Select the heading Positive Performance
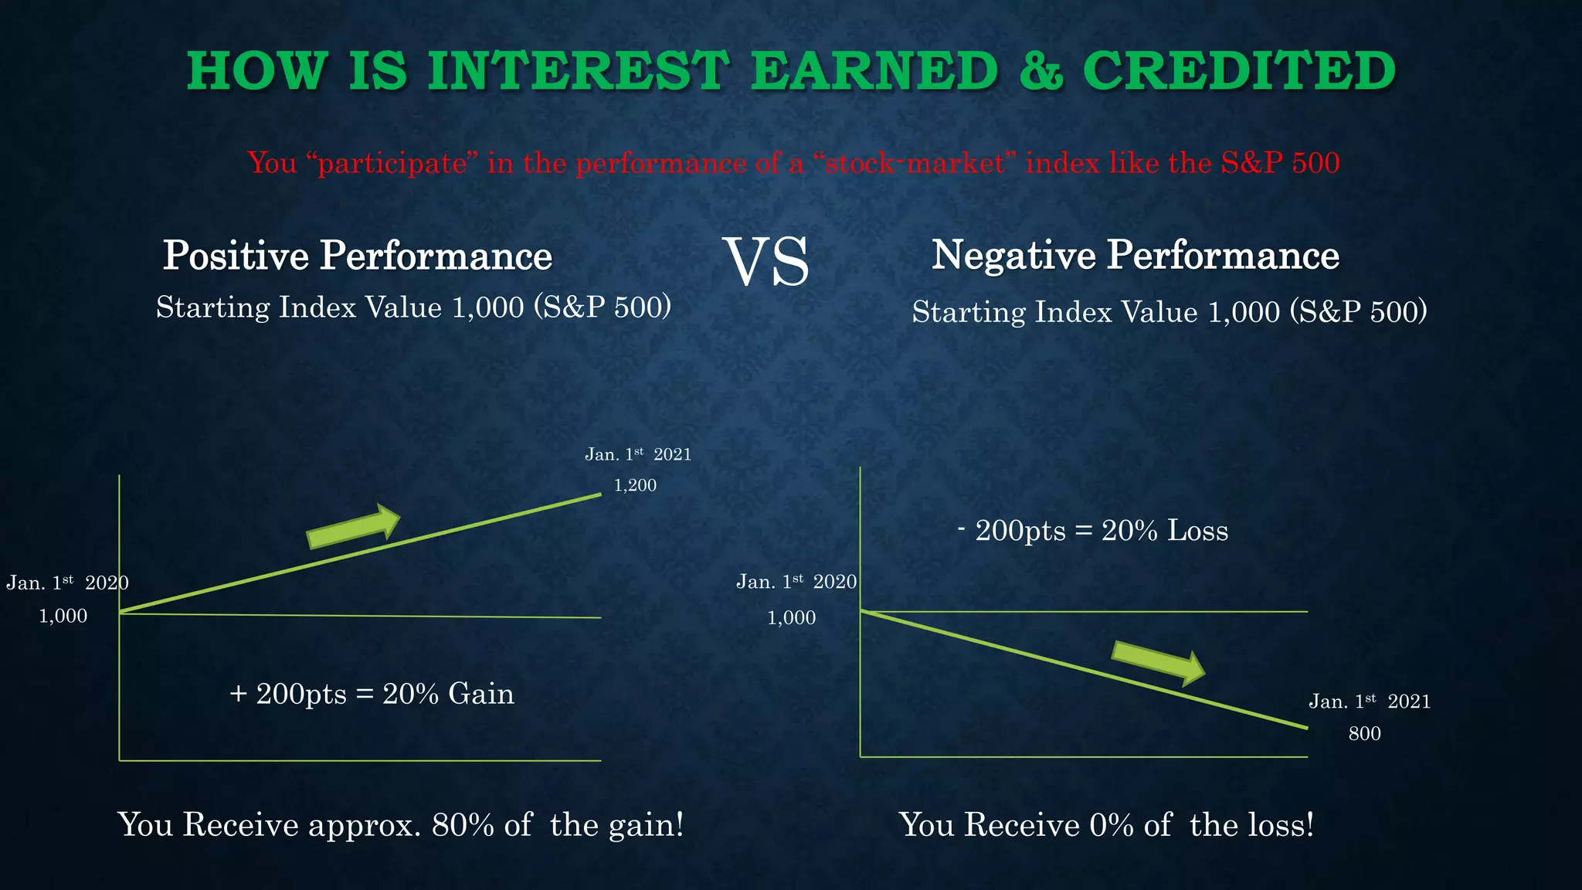pos(357,256)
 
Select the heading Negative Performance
pos(1135,255)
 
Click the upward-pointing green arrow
pos(353,526)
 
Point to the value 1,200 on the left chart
pos(635,485)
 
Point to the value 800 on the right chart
pos(1364,734)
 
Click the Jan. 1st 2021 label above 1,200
pos(637,454)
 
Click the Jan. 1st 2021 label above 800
pos(1369,701)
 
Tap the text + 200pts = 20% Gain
pos(372,694)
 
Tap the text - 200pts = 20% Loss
pos(1092,531)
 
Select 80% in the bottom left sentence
pos(462,825)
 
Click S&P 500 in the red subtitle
pos(1279,163)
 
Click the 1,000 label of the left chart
pos(63,616)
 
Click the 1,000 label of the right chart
pos(791,617)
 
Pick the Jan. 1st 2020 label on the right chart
pos(796,582)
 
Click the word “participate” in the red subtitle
pos(392,163)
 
